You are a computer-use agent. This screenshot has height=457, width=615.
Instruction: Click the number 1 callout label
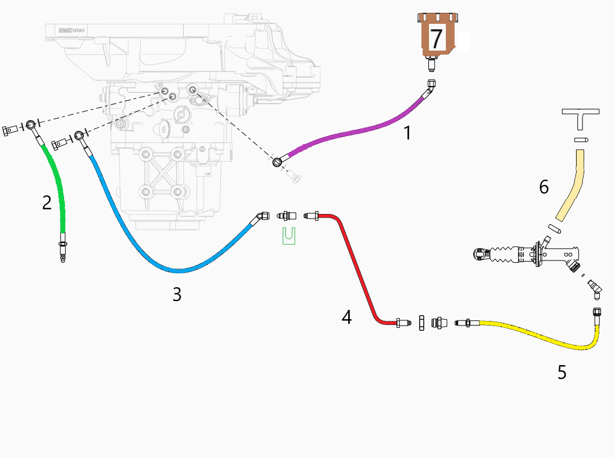407,133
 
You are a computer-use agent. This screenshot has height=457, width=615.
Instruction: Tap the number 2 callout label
47,202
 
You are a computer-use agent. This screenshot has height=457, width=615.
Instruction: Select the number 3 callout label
177,295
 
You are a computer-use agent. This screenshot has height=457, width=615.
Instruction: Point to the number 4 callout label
346,317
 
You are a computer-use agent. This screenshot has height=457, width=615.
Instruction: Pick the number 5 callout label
562,372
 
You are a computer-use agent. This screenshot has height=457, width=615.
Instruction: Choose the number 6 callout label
544,187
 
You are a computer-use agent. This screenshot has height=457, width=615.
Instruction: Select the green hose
60,192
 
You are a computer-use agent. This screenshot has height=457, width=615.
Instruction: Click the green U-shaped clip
289,235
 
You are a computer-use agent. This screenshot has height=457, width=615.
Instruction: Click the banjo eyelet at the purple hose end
278,162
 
